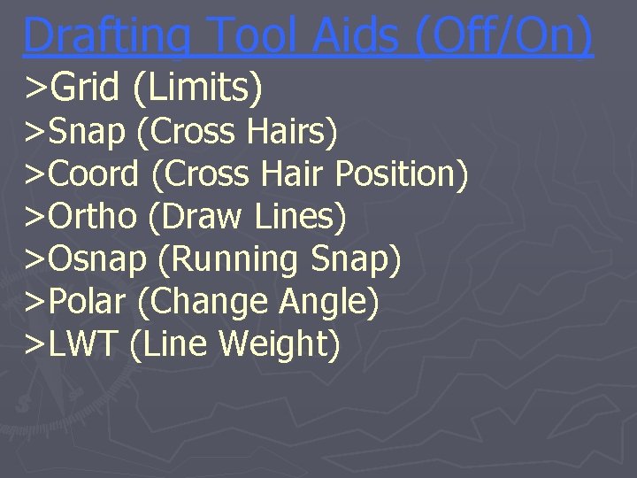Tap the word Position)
(403, 174)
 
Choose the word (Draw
(198, 217)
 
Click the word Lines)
(300, 217)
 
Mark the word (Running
(229, 259)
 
